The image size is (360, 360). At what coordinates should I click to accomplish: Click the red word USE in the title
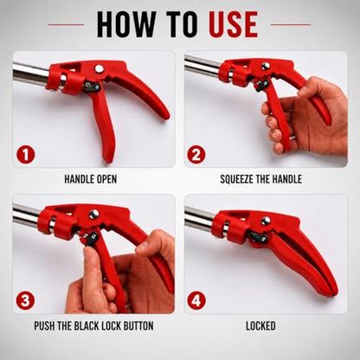click(x=234, y=24)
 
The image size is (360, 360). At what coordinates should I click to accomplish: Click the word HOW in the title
click(x=125, y=24)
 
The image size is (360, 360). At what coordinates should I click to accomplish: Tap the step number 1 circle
click(x=26, y=155)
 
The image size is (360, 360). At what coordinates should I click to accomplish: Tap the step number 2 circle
click(x=196, y=155)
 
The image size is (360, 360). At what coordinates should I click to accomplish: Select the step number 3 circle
click(x=25, y=300)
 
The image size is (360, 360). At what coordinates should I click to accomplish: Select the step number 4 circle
click(x=196, y=300)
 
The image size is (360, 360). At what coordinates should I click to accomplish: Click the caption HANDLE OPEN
click(x=91, y=179)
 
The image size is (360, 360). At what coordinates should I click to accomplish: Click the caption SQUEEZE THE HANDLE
click(x=260, y=179)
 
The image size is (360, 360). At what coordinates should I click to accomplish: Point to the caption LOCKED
click(x=260, y=326)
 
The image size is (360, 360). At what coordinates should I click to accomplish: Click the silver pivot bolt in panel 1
click(x=100, y=68)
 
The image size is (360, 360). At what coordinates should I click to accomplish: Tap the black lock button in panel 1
click(x=92, y=87)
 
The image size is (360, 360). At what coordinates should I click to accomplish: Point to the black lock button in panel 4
click(x=259, y=237)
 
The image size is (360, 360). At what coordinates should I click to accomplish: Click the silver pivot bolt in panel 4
click(x=266, y=221)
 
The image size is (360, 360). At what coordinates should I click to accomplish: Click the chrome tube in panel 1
click(x=31, y=74)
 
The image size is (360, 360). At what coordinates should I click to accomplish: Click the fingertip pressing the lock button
click(x=90, y=253)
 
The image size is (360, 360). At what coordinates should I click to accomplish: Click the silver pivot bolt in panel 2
click(x=266, y=67)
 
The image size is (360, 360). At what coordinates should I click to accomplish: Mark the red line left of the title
click(x=66, y=25)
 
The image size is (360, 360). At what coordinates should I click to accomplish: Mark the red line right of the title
click(x=291, y=25)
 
